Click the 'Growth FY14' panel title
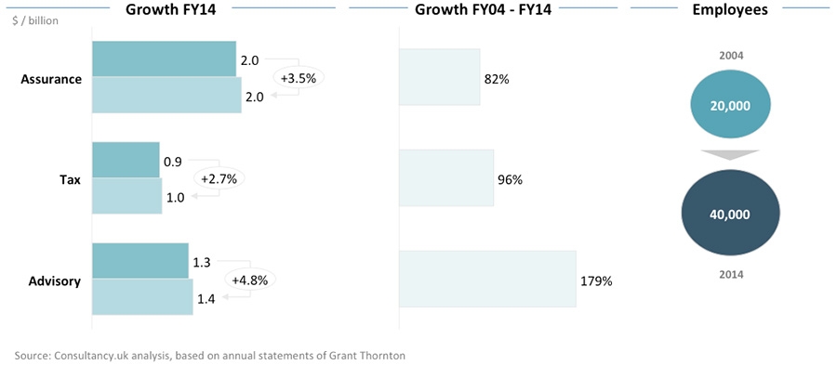pos(177,10)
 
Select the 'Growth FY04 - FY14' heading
pos(484,10)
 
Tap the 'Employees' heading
pos(730,10)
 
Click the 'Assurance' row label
pos(51,79)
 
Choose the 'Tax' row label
pos(70,179)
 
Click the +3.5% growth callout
pos(299,78)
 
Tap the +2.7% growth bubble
pos(219,178)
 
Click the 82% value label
pos(497,79)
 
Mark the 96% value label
pos(510,179)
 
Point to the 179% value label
pos(596,280)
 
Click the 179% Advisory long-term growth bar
pos(487,279)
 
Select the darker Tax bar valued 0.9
pos(126,160)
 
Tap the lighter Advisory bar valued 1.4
pos(143,297)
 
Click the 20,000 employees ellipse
pos(730,106)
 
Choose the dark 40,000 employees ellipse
pos(730,214)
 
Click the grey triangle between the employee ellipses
pos(730,155)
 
